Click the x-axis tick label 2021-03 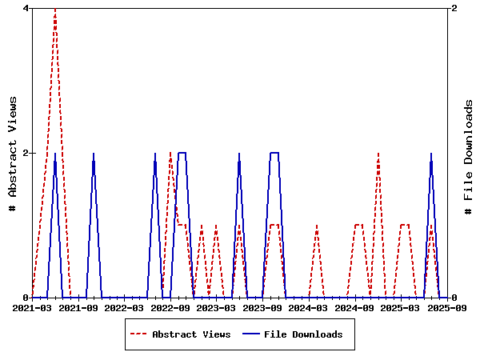(32, 307)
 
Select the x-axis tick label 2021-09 (78, 307)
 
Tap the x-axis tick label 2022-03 (125, 307)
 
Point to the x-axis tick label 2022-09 (170, 307)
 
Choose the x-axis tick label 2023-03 (217, 307)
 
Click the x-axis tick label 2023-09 (263, 307)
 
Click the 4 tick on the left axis (26, 8)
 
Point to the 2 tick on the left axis (26, 153)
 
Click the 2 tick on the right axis (454, 8)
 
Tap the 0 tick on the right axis (454, 298)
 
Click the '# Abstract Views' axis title (13, 153)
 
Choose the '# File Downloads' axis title (469, 153)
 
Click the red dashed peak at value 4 (55, 9)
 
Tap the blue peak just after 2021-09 (94, 154)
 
